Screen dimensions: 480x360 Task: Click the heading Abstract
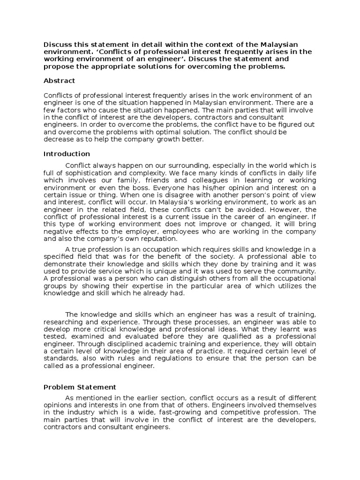pyautogui.click(x=59, y=81)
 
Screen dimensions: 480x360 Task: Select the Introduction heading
pyautogui.click(x=67, y=154)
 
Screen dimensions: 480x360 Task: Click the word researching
pyautogui.click(x=64, y=322)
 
